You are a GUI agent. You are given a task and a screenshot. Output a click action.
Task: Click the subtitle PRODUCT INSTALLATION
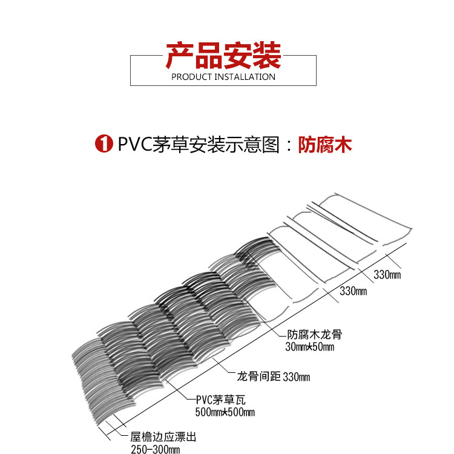(x=223, y=77)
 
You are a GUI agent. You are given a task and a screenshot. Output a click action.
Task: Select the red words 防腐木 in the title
(x=325, y=145)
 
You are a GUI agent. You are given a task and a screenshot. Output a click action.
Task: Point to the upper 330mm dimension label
(x=387, y=275)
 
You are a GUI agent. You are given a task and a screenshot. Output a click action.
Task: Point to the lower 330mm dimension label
(x=354, y=291)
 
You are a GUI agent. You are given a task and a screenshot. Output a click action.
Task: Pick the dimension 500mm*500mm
(x=225, y=412)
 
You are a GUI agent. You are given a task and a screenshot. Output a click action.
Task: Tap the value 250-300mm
(x=156, y=449)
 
